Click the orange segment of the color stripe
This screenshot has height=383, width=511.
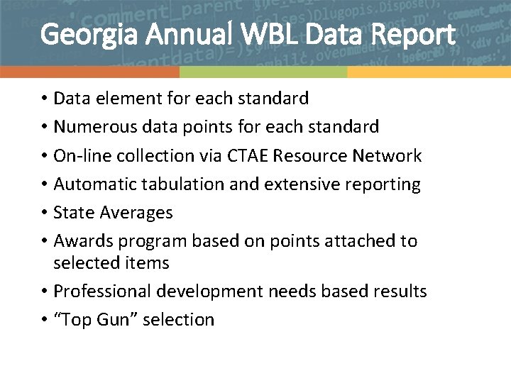[89, 72]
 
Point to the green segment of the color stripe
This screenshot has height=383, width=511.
[263, 72]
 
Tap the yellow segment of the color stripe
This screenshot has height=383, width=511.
[429, 72]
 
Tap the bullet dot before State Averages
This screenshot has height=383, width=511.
[44, 213]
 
